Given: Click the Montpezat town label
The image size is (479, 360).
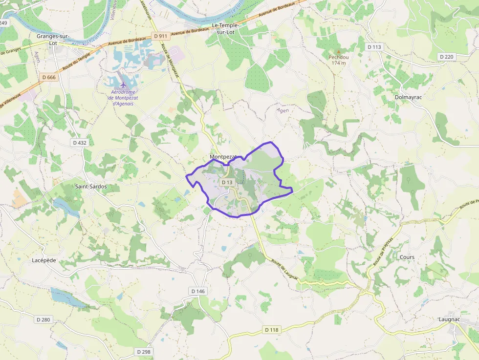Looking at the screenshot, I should [x=223, y=157].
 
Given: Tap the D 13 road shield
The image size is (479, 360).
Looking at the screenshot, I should [x=227, y=182].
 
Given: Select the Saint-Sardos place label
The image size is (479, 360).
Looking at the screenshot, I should [x=91, y=187].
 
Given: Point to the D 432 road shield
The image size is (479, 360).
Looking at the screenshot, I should [x=79, y=143].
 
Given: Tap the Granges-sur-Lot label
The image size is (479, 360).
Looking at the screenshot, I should [x=53, y=40].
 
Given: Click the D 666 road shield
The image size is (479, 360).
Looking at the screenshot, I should [x=49, y=77].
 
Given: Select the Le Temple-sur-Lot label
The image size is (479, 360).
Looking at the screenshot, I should [x=229, y=28].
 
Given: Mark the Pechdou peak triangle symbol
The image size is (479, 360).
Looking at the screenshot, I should [x=338, y=51].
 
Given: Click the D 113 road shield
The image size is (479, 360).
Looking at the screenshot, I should [x=373, y=47].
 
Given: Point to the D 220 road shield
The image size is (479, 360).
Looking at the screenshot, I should [x=447, y=57].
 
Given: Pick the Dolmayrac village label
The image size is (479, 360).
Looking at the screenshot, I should [x=408, y=97].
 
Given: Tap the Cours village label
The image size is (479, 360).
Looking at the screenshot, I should [x=407, y=257].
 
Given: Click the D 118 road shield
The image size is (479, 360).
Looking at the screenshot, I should [x=271, y=330].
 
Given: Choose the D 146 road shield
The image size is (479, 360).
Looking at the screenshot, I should [x=198, y=291].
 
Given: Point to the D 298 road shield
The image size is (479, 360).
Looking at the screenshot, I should [x=143, y=352].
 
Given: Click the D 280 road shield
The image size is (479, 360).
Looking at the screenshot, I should [x=43, y=319].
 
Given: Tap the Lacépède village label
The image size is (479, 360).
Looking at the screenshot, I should [x=44, y=260].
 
